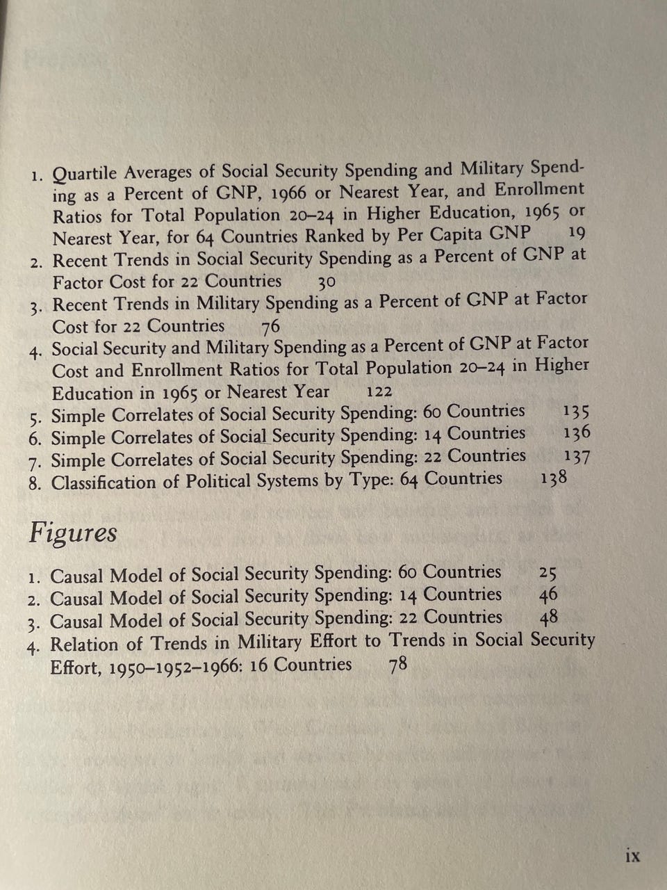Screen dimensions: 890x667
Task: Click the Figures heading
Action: click(x=72, y=533)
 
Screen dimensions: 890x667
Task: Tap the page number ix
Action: click(x=632, y=855)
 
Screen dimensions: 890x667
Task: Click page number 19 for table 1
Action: click(x=577, y=233)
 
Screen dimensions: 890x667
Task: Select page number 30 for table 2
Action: click(x=327, y=282)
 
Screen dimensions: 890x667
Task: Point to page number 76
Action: click(x=270, y=326)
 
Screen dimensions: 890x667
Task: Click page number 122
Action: click(x=379, y=392)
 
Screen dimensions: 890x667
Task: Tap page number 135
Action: click(x=577, y=411)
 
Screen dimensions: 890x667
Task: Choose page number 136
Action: click(x=577, y=433)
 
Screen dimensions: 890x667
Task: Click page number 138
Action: click(x=553, y=478)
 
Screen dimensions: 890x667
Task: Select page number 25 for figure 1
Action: click(x=547, y=573)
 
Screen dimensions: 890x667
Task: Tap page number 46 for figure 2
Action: click(x=547, y=595)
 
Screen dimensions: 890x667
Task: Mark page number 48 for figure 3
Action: click(x=548, y=617)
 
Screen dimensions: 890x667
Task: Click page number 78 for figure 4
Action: click(x=397, y=665)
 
